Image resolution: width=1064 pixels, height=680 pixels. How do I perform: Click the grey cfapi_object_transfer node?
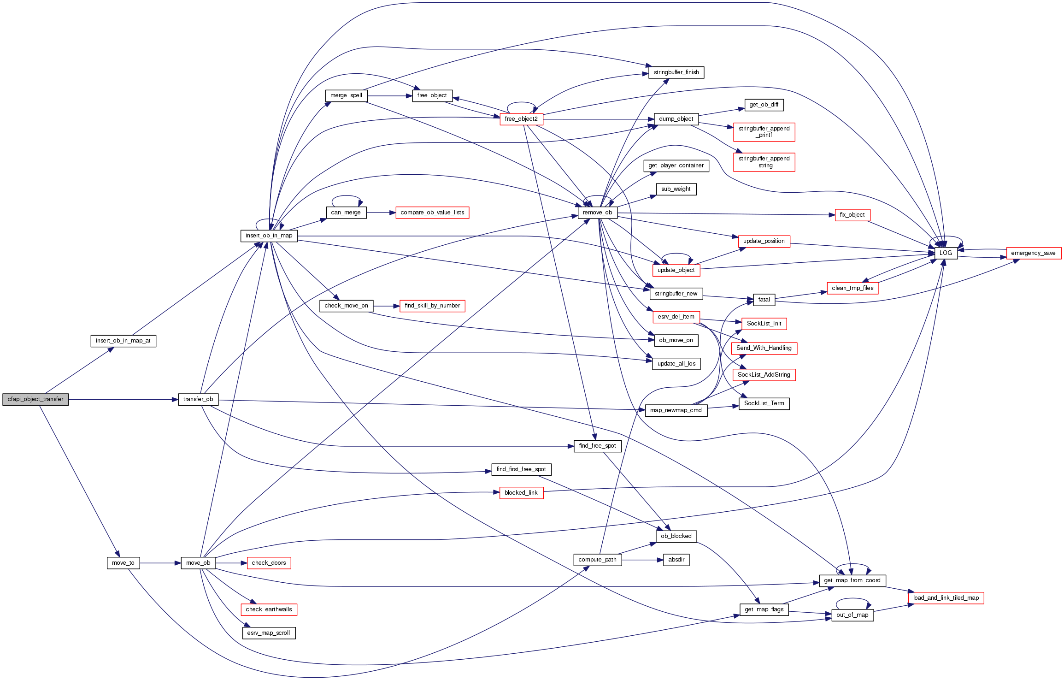click(x=35, y=399)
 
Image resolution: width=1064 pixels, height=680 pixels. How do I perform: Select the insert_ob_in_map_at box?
click(x=123, y=341)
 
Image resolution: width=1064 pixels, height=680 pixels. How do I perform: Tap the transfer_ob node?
click(x=198, y=399)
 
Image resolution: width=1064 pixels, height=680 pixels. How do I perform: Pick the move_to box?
click(x=123, y=563)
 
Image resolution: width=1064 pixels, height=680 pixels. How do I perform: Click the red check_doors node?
click(x=269, y=563)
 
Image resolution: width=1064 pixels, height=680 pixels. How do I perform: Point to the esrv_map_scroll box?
click(x=269, y=633)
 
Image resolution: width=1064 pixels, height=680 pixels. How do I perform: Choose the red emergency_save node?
click(x=1033, y=253)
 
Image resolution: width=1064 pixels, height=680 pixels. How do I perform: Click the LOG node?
click(x=946, y=253)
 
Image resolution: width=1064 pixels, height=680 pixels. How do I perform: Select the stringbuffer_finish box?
click(x=676, y=72)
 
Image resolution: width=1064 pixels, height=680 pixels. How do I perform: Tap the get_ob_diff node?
click(x=764, y=105)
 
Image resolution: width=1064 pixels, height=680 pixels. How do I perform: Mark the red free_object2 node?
click(x=521, y=119)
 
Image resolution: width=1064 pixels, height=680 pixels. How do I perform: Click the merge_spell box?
click(x=346, y=95)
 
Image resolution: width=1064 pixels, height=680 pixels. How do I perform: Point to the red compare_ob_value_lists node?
click(x=432, y=213)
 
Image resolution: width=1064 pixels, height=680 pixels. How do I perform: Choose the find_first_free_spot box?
click(x=521, y=469)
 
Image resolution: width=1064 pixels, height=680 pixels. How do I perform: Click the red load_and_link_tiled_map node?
click(x=946, y=598)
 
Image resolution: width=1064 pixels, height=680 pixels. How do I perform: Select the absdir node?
click(x=676, y=560)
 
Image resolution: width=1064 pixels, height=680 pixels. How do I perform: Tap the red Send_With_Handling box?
click(x=764, y=348)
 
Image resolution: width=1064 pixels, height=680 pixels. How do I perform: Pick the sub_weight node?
click(x=676, y=189)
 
